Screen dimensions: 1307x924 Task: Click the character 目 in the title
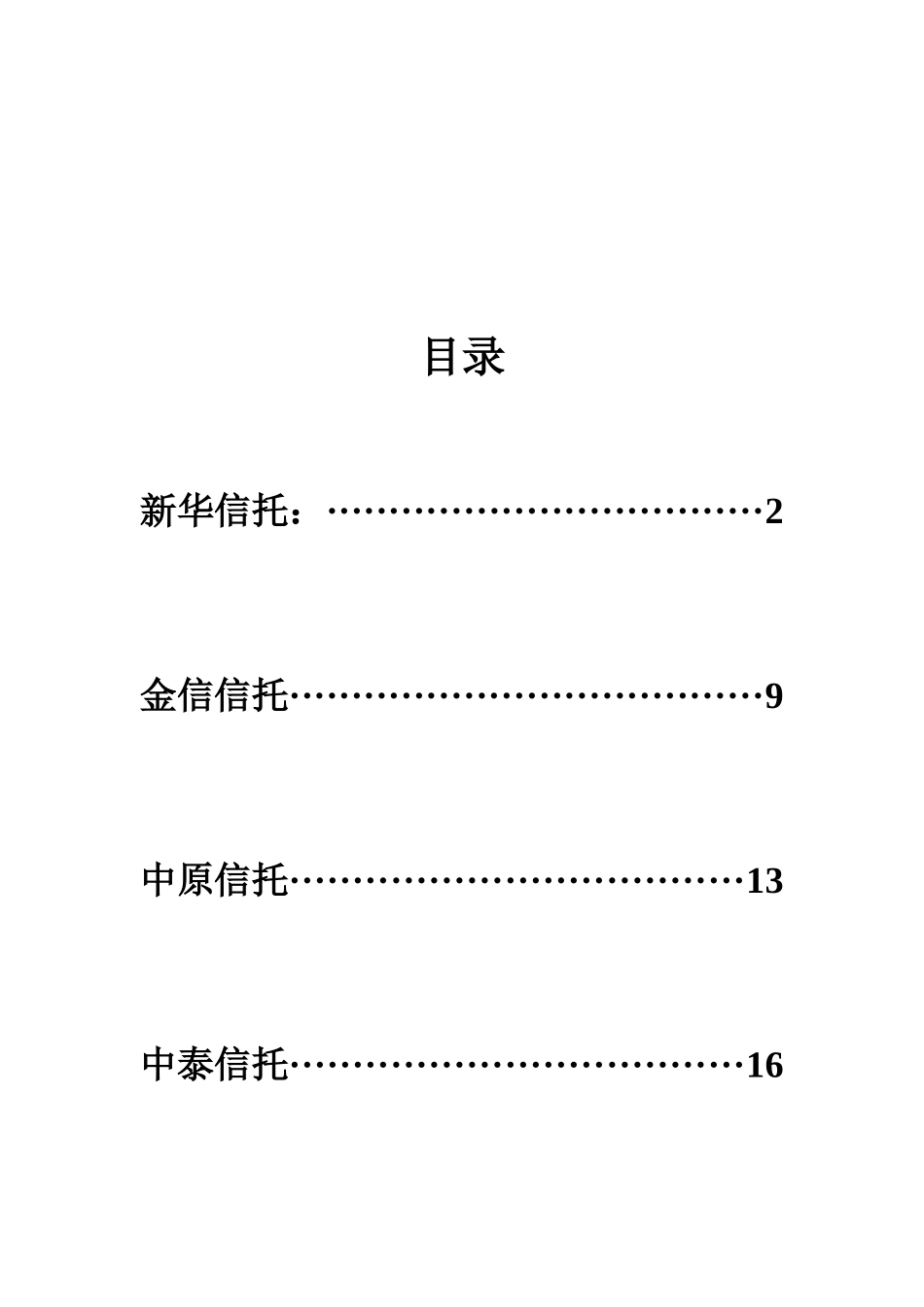(x=443, y=357)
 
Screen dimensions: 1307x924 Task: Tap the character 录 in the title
(x=484, y=357)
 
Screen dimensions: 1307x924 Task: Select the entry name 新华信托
(x=214, y=511)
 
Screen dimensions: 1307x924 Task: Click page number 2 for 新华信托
(x=774, y=512)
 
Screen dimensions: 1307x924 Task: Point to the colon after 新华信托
(x=308, y=514)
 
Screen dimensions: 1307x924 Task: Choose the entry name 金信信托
(x=215, y=695)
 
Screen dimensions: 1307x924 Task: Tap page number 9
(x=774, y=696)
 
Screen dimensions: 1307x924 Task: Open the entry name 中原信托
(x=215, y=880)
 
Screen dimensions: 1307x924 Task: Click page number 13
(x=764, y=881)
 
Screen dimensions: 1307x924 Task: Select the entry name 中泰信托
(x=215, y=1065)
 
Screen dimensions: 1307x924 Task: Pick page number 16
(x=764, y=1066)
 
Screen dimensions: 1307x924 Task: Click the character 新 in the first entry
(x=159, y=511)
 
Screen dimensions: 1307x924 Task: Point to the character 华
(x=195, y=511)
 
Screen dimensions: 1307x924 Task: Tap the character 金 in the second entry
(x=159, y=695)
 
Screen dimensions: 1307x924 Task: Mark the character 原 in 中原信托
(x=195, y=880)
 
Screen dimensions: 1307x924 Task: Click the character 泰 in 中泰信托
(x=195, y=1065)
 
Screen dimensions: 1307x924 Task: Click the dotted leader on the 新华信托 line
(x=545, y=510)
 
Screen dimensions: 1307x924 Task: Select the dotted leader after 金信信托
(x=525, y=695)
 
